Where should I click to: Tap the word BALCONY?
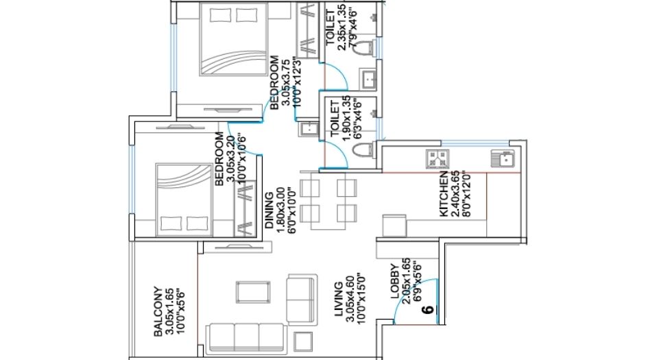[x=158, y=312]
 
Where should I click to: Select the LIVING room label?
[x=338, y=299]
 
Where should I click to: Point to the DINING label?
[x=269, y=210]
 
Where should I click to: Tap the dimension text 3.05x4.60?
[x=350, y=299]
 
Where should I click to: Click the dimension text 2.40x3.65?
[x=456, y=195]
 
